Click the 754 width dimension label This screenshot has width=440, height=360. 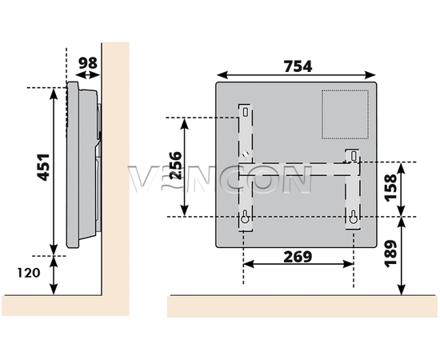pyautogui.click(x=298, y=66)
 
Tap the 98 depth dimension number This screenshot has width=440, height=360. pyautogui.click(x=88, y=63)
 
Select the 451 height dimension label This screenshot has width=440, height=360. pyautogui.click(x=43, y=167)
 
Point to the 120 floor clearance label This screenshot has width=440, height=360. pyautogui.click(x=29, y=273)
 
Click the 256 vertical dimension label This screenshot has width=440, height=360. pyautogui.click(x=176, y=166)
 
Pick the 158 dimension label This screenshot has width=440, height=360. pyautogui.click(x=390, y=188)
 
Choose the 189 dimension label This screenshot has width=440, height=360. pyautogui.click(x=390, y=254)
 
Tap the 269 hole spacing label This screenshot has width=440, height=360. pyautogui.click(x=298, y=257)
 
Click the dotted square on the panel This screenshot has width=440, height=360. pyautogui.click(x=345, y=114)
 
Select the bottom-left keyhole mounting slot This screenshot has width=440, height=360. pyautogui.click(x=245, y=217)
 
